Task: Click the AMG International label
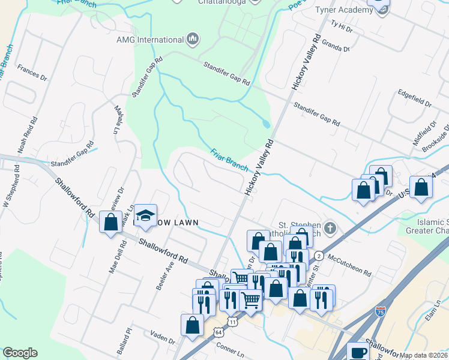pyautogui.click(x=150, y=40)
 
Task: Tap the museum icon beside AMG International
pyautogui.click(x=193, y=40)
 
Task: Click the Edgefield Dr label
pyautogui.click(x=415, y=98)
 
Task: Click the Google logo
pyautogui.click(x=20, y=353)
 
